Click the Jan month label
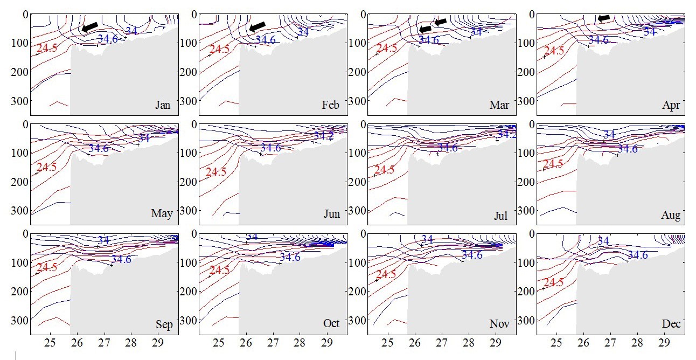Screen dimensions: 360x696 (x=163, y=105)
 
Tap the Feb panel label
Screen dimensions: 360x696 (x=331, y=105)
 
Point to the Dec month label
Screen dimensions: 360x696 (x=671, y=324)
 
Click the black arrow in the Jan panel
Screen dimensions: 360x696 (x=90, y=27)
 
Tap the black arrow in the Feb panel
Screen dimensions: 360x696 (x=258, y=27)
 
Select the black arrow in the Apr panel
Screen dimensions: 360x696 (x=604, y=18)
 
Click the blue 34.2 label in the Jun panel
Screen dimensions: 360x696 (x=323, y=136)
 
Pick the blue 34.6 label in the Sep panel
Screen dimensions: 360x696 (x=122, y=259)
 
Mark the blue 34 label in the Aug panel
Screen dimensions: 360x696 (x=609, y=135)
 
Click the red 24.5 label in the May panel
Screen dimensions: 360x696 (x=46, y=167)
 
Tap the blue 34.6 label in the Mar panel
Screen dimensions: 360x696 (x=429, y=40)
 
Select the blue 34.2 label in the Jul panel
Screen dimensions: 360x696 (x=506, y=134)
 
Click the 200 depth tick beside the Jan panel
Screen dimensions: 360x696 (x=20, y=71)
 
